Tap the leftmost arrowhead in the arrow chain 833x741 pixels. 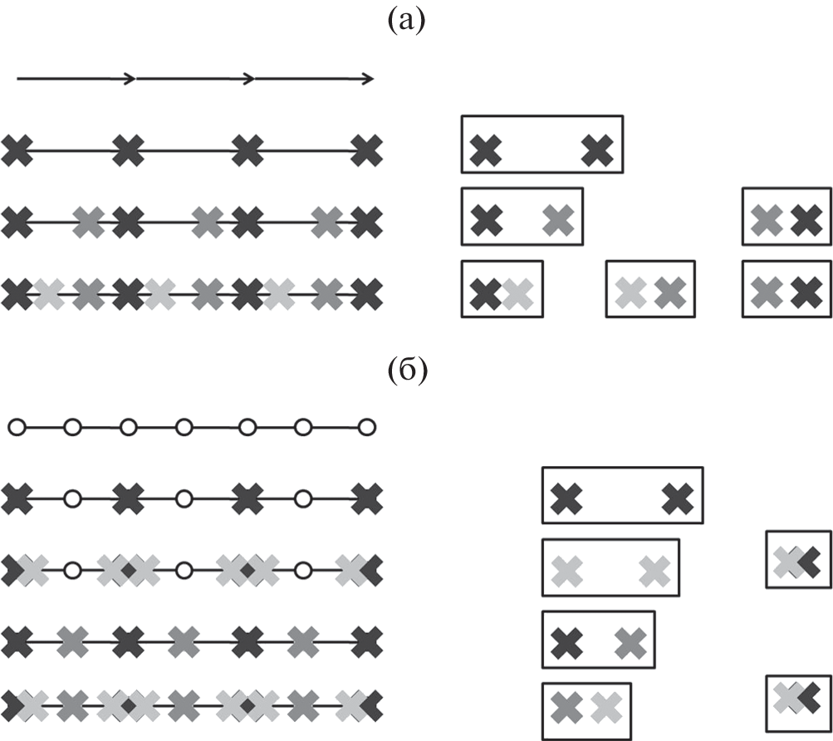(x=130, y=79)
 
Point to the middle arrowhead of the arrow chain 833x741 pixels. (x=247, y=79)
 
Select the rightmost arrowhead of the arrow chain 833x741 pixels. (x=367, y=79)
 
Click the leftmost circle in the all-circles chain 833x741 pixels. (x=17, y=428)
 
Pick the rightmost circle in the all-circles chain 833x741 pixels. (x=367, y=428)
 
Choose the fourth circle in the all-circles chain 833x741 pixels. (x=184, y=428)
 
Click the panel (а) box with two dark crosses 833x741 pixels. (x=541, y=145)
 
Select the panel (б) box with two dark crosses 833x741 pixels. (x=622, y=495)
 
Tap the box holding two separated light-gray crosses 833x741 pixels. (x=610, y=567)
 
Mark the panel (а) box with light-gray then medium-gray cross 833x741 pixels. (x=649, y=289)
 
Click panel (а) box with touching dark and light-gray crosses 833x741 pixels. (x=502, y=289)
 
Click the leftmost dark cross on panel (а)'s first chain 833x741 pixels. (x=17, y=151)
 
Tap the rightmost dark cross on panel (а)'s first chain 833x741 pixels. (x=367, y=151)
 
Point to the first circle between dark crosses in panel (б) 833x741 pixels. (x=73, y=500)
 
